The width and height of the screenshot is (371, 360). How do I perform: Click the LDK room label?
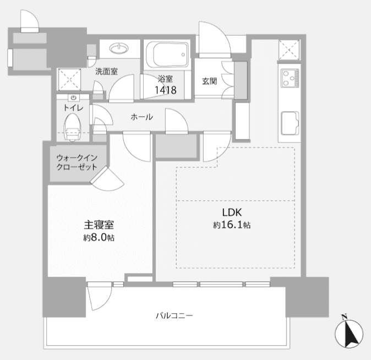pos(232,212)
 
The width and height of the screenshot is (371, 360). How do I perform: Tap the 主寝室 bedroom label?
pos(99,225)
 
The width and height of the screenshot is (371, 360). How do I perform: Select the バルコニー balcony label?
pos(174,315)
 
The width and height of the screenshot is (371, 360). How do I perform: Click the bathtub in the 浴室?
pos(167,54)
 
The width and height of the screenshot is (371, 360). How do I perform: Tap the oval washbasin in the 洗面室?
pos(119,48)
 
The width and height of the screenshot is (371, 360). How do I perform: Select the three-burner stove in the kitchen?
pos(290,78)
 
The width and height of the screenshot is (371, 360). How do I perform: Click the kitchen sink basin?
pos(290,123)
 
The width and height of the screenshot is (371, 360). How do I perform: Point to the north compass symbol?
pos(349,332)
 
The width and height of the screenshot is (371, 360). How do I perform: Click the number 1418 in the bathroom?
pos(165,90)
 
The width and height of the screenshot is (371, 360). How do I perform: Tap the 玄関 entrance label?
pos(209,81)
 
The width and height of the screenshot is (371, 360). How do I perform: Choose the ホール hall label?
pos(141,117)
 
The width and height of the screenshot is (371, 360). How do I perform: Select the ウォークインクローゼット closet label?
pos(77,162)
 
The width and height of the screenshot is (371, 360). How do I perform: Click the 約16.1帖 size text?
pos(232,225)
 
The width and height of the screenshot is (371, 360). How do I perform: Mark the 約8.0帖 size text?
pos(99,237)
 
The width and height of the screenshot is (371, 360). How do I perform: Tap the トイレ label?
pos(73,108)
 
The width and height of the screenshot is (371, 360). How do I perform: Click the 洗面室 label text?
pos(107,72)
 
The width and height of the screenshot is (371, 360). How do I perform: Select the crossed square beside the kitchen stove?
pos(289,50)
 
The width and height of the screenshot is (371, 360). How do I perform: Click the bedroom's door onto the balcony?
pos(100,296)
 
